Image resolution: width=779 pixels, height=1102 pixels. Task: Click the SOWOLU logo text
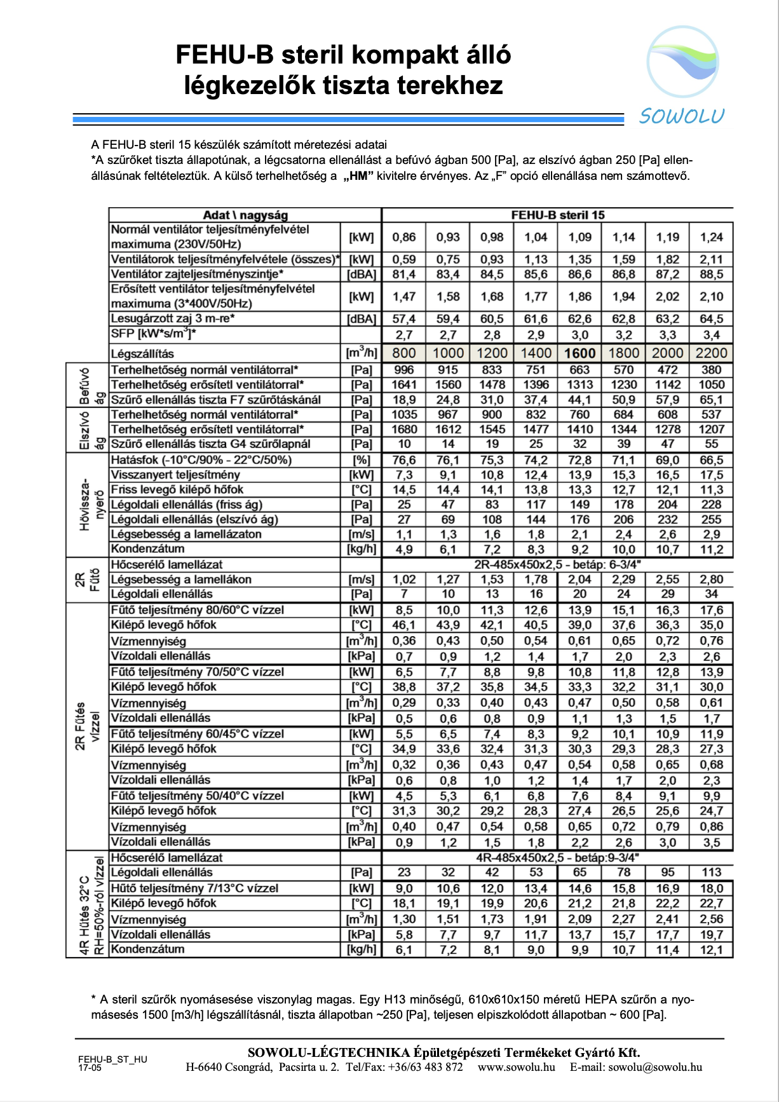pyautogui.click(x=681, y=116)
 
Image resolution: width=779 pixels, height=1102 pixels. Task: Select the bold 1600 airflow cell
pyautogui.click(x=579, y=353)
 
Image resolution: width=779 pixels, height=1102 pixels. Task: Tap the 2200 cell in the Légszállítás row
pyautogui.click(x=711, y=353)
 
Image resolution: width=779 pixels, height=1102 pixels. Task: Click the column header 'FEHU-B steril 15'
pyautogui.click(x=557, y=215)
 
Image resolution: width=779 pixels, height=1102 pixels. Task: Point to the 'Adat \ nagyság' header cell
pyautogui.click(x=245, y=215)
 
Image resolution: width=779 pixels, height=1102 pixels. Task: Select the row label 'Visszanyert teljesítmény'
pyautogui.click(x=175, y=475)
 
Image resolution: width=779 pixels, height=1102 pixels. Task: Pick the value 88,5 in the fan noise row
pyautogui.click(x=711, y=275)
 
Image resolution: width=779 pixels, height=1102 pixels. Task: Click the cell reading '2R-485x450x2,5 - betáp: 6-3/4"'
pyautogui.click(x=557, y=564)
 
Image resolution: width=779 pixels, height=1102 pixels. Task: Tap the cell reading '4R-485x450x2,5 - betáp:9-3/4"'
pyautogui.click(x=557, y=857)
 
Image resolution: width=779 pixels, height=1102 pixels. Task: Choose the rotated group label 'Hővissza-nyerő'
pyautogui.click(x=91, y=505)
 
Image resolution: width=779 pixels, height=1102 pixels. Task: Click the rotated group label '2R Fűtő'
pyautogui.click(x=87, y=580)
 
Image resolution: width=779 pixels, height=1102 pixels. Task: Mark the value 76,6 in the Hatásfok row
pyautogui.click(x=403, y=460)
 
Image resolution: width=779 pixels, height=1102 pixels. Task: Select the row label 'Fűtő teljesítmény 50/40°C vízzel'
pyautogui.click(x=197, y=796)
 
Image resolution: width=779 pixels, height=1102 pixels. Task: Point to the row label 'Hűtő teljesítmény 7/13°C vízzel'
pyautogui.click(x=194, y=888)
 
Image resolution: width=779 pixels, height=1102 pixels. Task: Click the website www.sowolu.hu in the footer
pyautogui.click(x=516, y=1067)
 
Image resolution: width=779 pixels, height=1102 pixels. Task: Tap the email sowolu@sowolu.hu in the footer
pyautogui.click(x=655, y=1067)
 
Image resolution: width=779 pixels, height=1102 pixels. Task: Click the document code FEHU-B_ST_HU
pyautogui.click(x=112, y=1059)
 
